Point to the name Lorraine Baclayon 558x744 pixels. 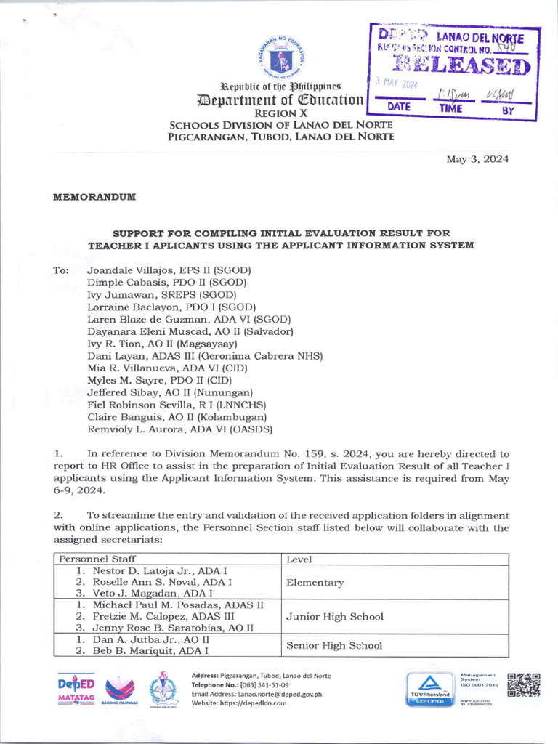pyautogui.click(x=133, y=307)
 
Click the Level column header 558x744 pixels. pyautogui.click(x=299, y=559)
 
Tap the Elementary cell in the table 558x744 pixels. pyautogui.click(x=315, y=583)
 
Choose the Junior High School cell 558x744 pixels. pyautogui.click(x=335, y=617)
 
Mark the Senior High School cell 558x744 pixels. pyautogui.click(x=334, y=644)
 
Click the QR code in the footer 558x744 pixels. pyautogui.click(x=524, y=686)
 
